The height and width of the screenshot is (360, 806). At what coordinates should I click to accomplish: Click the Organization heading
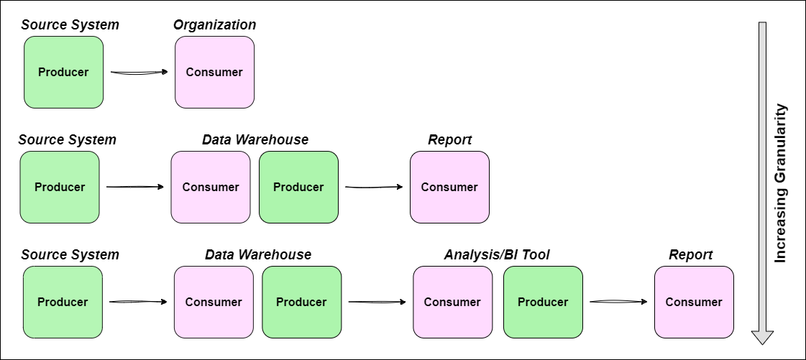(x=214, y=25)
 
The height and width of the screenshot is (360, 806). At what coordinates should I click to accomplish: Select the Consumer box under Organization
(x=214, y=72)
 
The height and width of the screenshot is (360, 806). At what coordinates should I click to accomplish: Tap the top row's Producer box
(x=63, y=72)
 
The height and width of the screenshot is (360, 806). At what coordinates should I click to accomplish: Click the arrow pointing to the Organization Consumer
(x=139, y=72)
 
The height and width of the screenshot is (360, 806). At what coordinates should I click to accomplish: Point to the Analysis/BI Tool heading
(x=497, y=255)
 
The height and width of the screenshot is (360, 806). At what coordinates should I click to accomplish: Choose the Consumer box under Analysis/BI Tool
(x=452, y=302)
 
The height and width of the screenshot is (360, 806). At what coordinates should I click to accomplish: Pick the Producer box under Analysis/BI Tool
(x=543, y=302)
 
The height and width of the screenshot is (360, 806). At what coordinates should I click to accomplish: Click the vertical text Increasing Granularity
(x=781, y=183)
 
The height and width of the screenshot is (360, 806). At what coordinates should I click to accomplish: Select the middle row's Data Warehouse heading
(x=255, y=140)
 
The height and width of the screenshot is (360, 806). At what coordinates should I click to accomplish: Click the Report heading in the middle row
(x=449, y=140)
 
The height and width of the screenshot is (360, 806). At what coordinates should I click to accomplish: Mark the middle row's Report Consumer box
(x=449, y=187)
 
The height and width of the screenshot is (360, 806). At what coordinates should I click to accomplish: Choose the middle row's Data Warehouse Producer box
(x=298, y=187)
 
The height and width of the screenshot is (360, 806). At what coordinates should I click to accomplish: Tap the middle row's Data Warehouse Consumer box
(x=211, y=187)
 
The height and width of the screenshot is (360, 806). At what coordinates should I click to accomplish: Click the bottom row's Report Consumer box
(x=694, y=302)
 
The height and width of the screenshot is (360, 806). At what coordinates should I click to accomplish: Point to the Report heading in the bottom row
(x=690, y=255)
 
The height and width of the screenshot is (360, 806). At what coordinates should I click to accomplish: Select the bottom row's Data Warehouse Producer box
(x=301, y=302)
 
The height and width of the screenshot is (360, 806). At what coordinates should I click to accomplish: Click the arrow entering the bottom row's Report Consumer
(x=618, y=302)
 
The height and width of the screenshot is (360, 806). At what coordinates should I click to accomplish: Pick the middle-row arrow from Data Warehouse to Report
(x=374, y=187)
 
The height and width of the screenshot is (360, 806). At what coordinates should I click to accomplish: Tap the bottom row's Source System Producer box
(x=63, y=302)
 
